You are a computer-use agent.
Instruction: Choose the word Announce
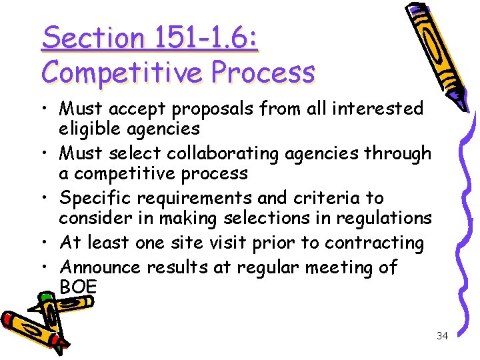coord(99,267)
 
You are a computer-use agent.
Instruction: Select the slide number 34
coord(442,336)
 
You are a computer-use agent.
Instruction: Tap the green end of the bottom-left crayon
coord(60,345)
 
